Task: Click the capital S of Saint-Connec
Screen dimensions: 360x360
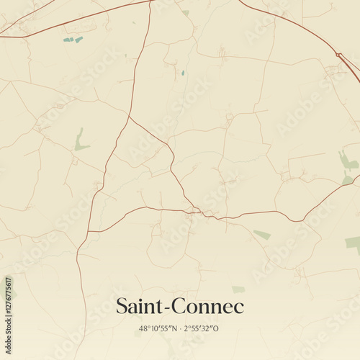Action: (122, 306)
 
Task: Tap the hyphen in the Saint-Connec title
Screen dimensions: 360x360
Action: (166, 308)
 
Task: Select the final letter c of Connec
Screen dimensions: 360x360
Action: (239, 308)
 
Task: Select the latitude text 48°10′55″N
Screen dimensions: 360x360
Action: (158, 329)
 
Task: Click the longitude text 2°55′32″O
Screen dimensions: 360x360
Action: (202, 329)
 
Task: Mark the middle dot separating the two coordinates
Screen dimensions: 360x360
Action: (179, 329)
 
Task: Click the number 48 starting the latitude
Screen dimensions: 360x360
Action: (143, 329)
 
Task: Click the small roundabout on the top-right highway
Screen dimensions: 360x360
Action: (338, 55)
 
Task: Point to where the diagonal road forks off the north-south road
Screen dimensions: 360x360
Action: (130, 116)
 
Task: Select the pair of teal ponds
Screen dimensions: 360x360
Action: (73, 40)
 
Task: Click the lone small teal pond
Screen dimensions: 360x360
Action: (183, 72)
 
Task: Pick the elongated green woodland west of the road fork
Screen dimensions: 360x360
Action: (80, 140)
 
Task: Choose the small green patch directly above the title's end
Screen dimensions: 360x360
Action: (238, 289)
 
